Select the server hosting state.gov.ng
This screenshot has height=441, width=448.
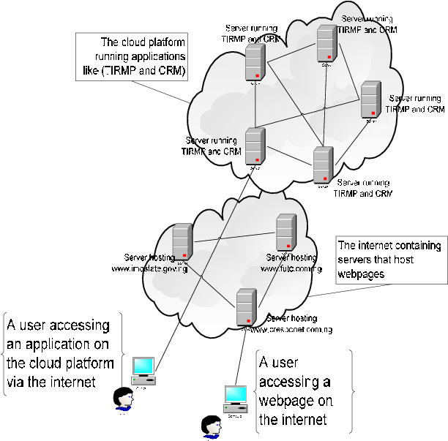pos(182,241)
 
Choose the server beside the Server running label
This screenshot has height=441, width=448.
pos(254,146)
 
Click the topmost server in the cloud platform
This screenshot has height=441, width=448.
pos(326,43)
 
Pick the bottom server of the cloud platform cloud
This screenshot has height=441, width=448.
pos(323,165)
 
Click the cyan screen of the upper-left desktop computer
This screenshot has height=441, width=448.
pos(143,366)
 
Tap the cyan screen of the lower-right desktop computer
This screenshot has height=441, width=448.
pos(235,394)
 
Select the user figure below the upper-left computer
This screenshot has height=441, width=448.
pos(126,400)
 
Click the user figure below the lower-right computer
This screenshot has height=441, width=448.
pos(213,429)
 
